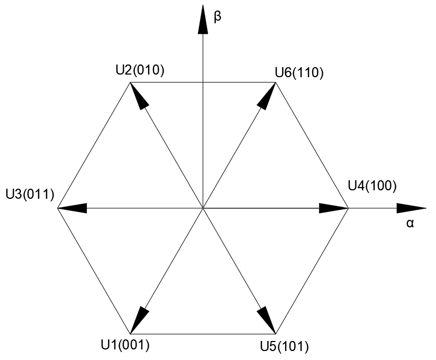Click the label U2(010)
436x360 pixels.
coord(140,70)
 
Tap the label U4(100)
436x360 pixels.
coord(372,185)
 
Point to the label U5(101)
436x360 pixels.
coord(284,347)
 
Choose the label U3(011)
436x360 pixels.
coord(30,194)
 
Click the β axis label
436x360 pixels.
coord(217,16)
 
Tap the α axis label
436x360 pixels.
coord(410,223)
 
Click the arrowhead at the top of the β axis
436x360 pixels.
coord(203,20)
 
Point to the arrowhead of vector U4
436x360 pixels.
coord(333,209)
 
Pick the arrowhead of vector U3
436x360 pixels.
coord(71,209)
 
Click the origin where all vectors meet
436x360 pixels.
coord(203,209)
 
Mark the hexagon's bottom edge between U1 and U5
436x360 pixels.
coord(203,334)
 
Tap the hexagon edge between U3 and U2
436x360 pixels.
coord(94,145)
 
